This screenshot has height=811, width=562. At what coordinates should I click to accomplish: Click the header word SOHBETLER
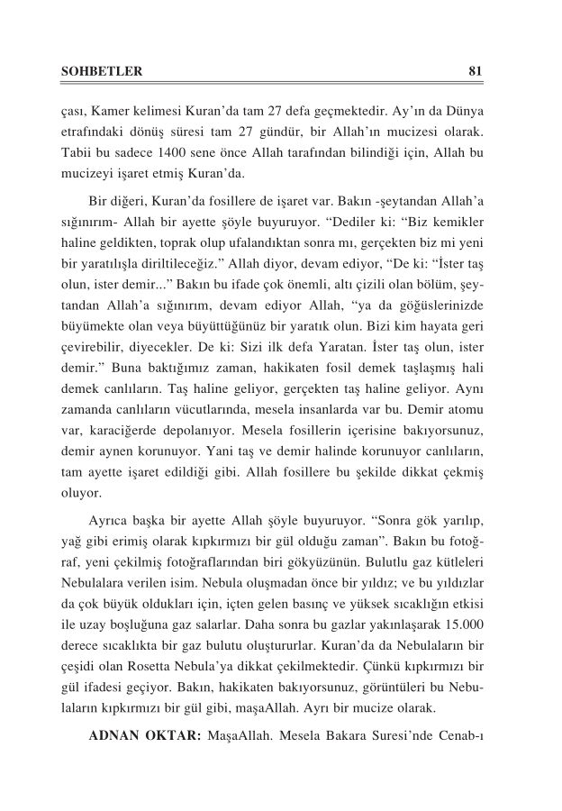coord(90,71)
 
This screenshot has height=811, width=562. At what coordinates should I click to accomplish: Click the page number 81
coord(478,71)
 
